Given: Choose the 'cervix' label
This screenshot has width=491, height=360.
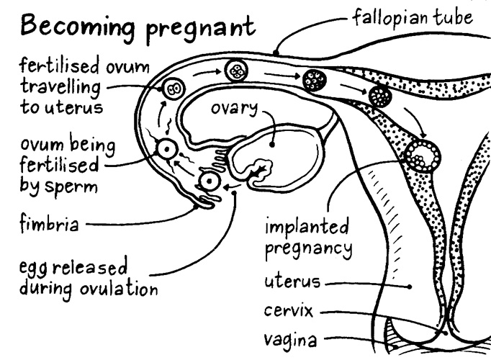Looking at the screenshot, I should point(288,312).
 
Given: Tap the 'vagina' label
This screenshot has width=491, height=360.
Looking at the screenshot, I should point(288,338).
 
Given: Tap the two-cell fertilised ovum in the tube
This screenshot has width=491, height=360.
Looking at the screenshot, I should point(174,90).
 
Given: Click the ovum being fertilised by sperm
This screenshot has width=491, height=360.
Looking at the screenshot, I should point(167,150).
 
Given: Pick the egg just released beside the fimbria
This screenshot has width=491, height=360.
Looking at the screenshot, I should point(208,181).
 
